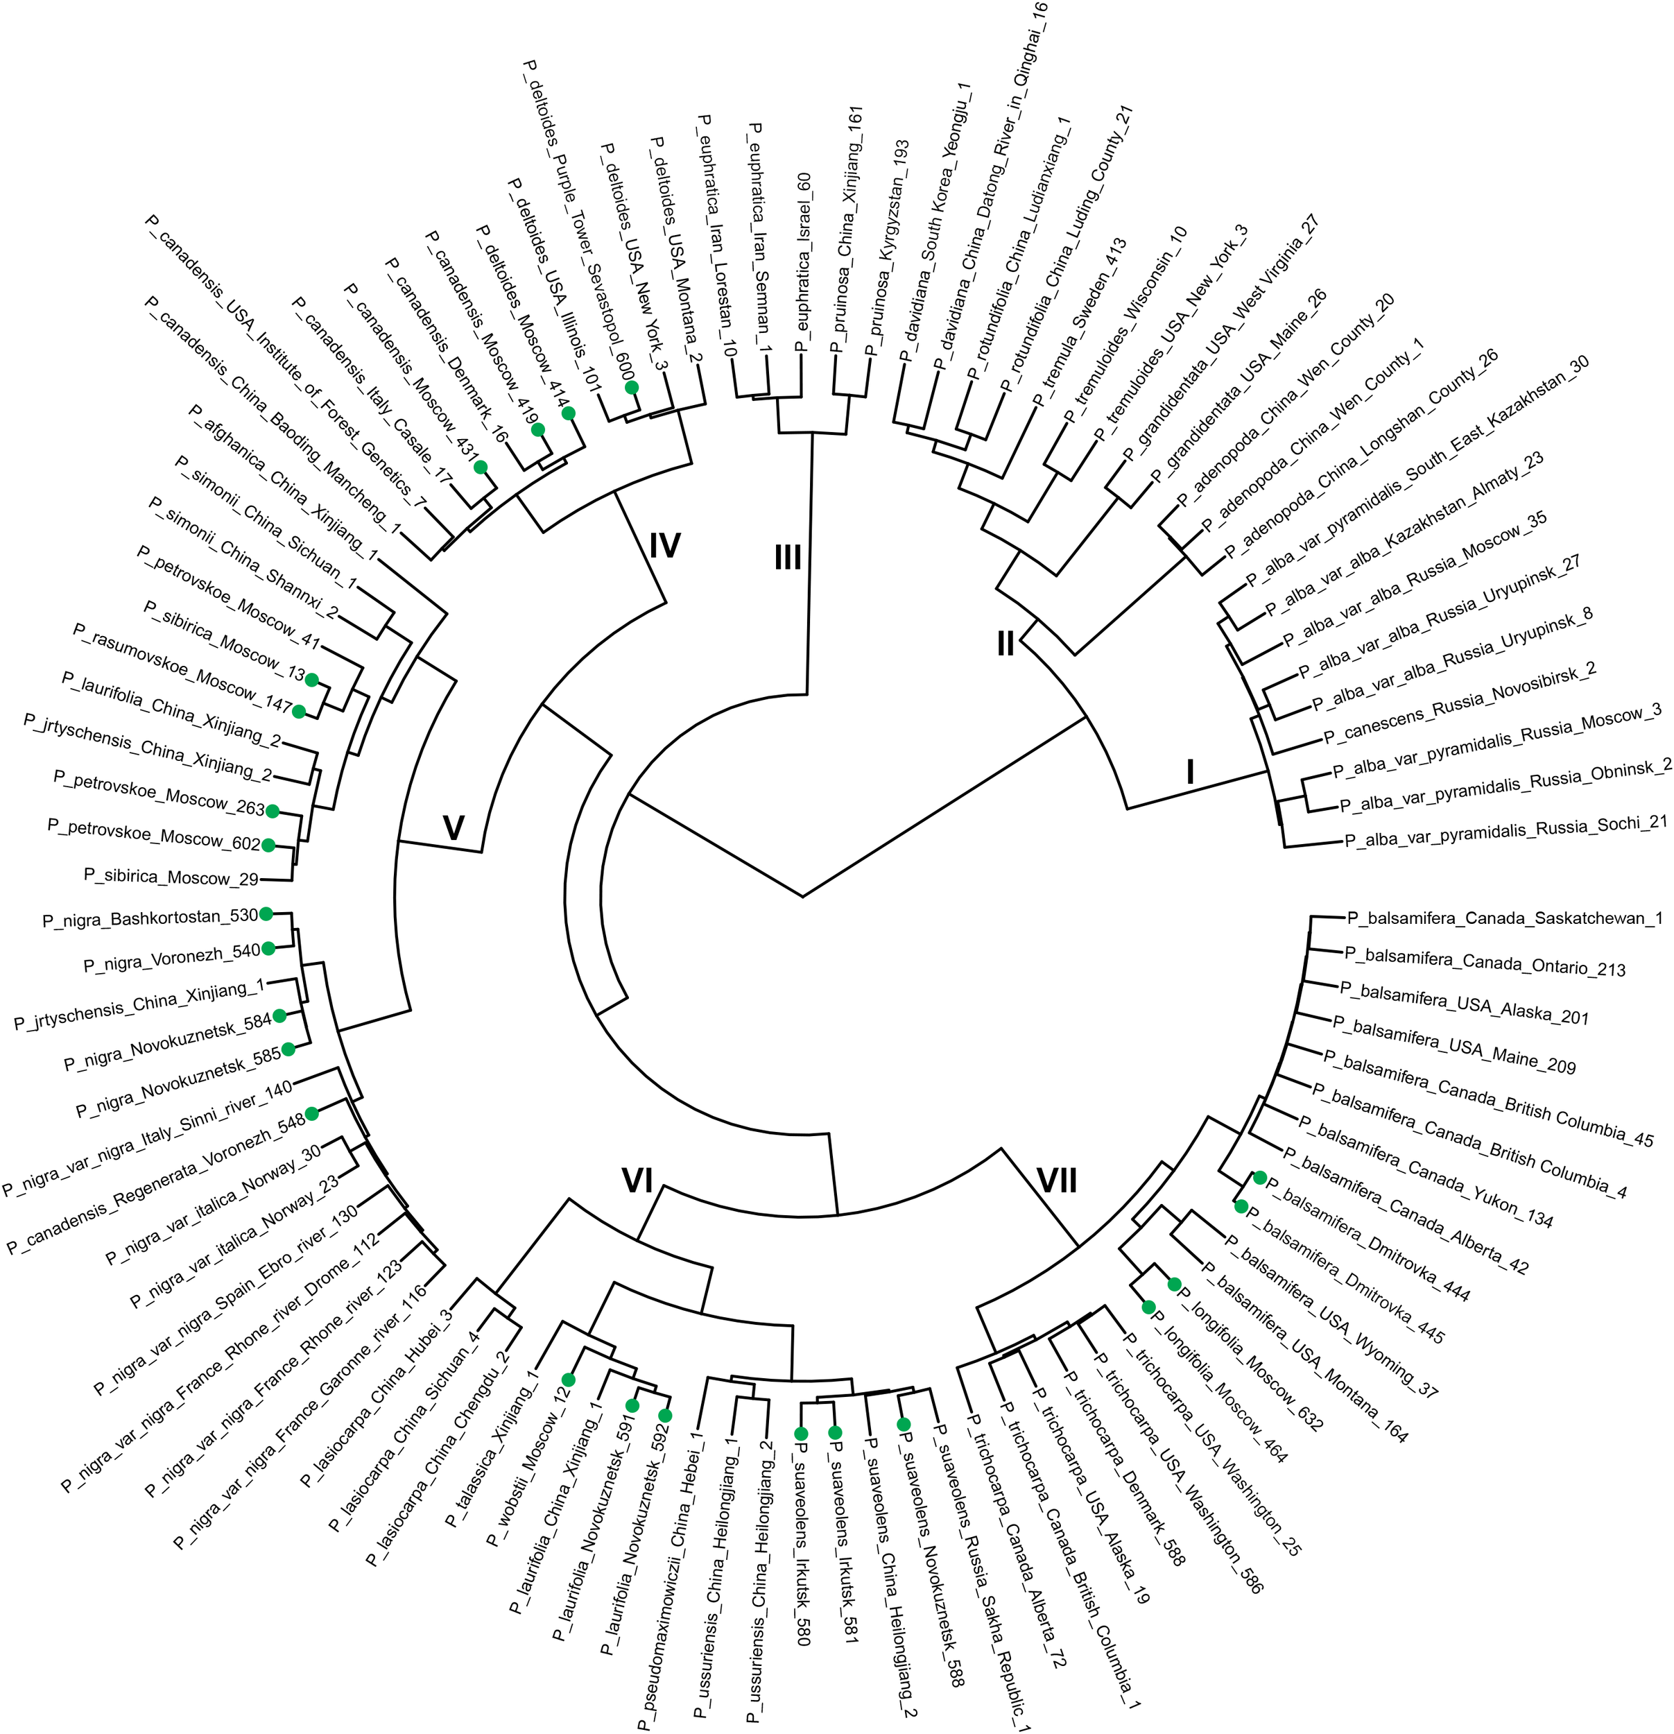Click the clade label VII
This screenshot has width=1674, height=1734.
[1057, 1181]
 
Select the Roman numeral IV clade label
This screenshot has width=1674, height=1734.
[664, 546]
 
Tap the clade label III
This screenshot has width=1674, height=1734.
[788, 558]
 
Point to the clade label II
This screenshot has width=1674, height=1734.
[1006, 645]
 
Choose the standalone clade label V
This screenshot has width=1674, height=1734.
[453, 828]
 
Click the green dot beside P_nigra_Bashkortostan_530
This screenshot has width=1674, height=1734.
[264, 914]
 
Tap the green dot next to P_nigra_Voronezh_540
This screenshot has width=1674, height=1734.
[268, 948]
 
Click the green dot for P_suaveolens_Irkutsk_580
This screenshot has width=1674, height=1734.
[801, 1433]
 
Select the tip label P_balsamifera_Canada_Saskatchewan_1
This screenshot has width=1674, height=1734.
[1503, 918]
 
